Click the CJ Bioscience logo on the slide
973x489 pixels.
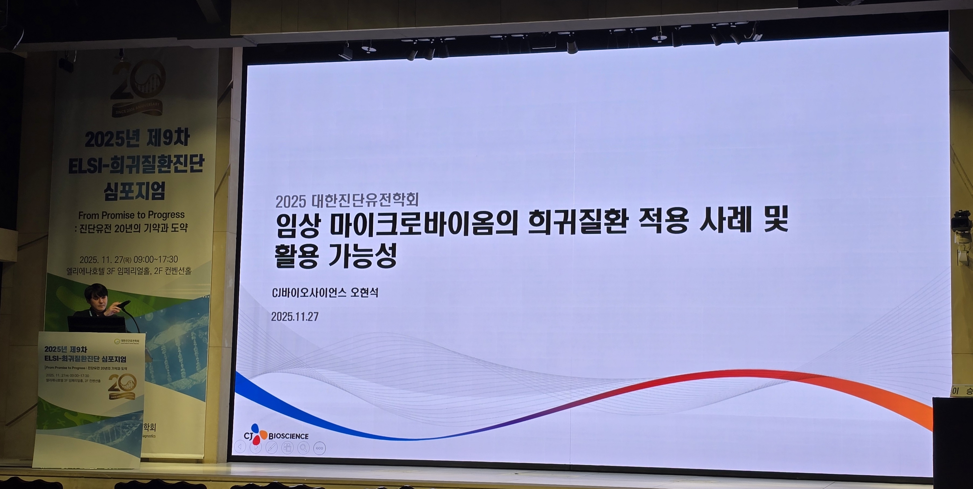tap(276, 435)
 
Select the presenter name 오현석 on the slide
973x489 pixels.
tap(364, 292)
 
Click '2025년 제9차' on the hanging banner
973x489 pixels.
tap(137, 139)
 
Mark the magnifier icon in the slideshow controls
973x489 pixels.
tap(303, 448)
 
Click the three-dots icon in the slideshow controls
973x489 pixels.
tap(319, 448)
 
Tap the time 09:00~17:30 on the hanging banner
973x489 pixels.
tap(156, 259)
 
